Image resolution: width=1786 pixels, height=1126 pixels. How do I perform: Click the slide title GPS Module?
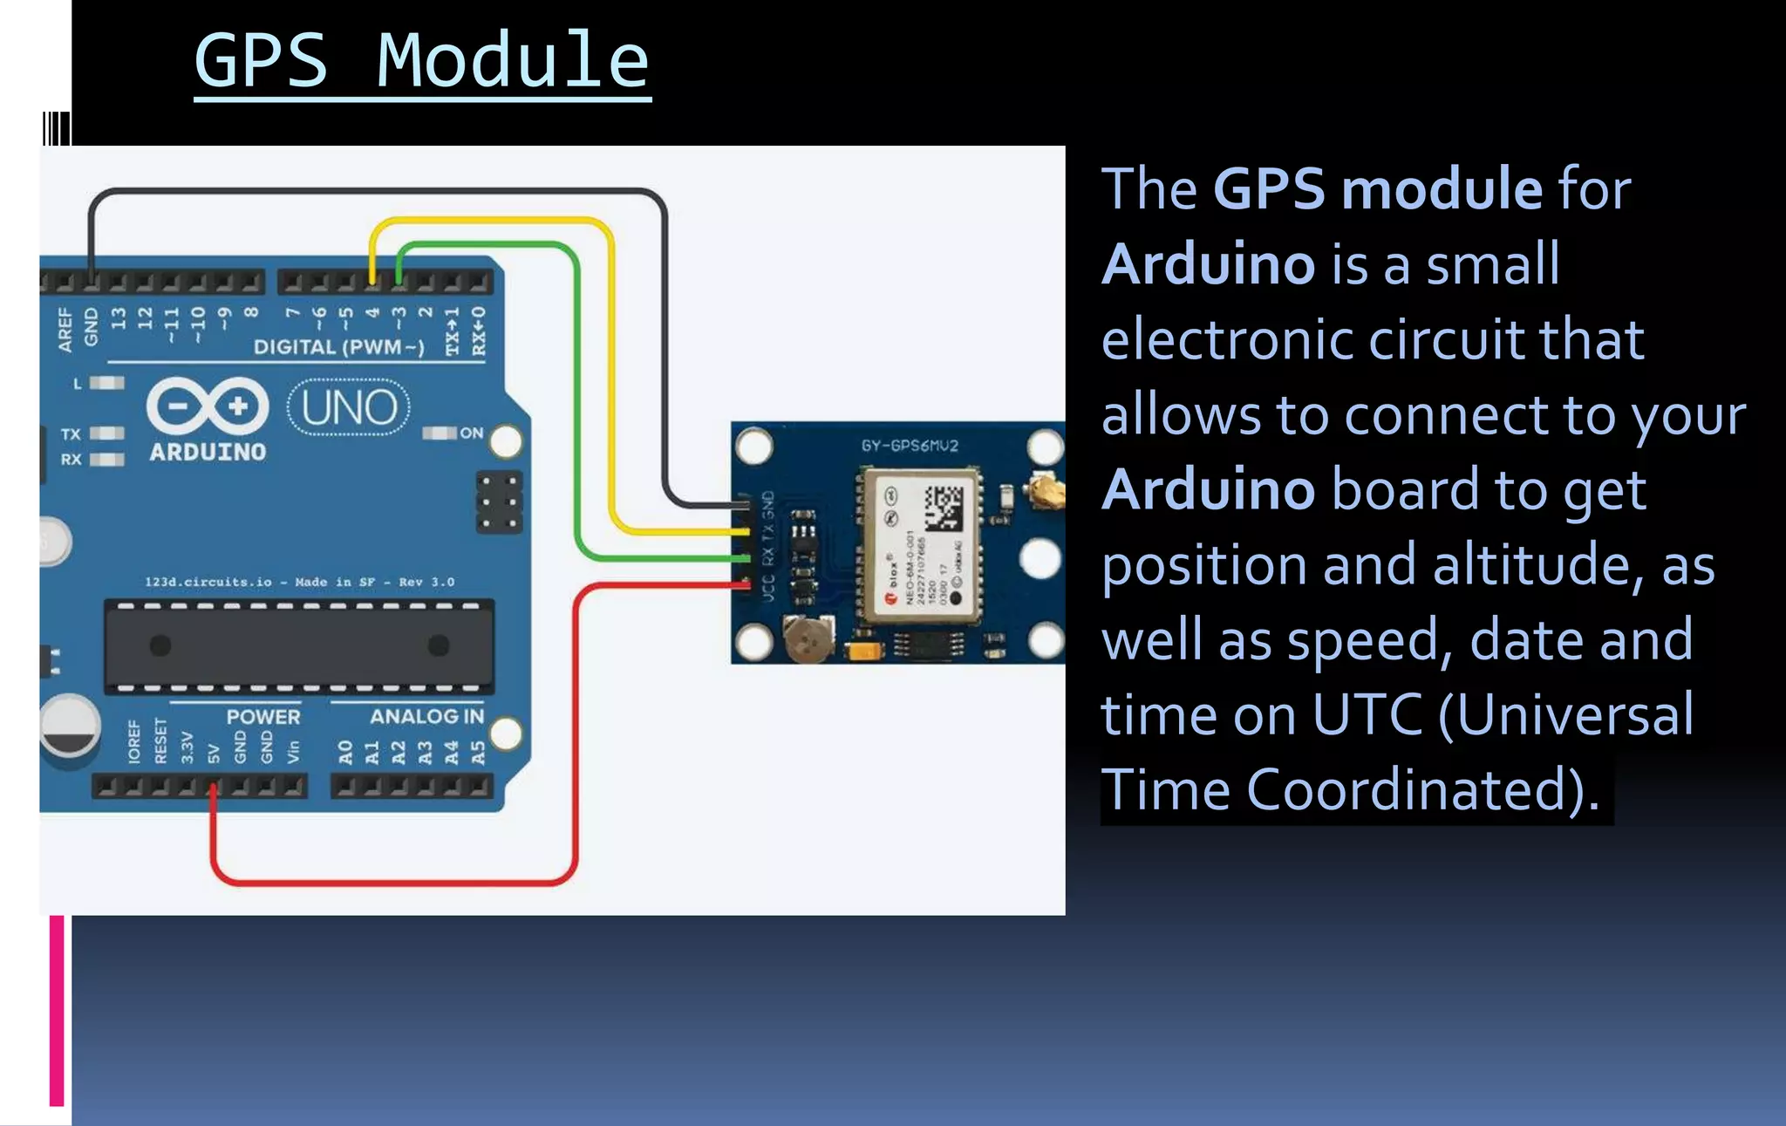[422, 61]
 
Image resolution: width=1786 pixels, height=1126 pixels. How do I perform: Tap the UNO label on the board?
[349, 407]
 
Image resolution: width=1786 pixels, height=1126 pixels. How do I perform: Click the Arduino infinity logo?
[208, 406]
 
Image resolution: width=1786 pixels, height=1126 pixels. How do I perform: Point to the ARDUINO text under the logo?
[208, 452]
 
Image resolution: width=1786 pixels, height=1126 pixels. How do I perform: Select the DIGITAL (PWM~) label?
[338, 347]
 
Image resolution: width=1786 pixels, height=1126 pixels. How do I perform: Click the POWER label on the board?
[262, 717]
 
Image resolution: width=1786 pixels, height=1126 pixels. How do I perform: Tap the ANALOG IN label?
[426, 716]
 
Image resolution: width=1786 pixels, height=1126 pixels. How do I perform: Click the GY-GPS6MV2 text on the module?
[910, 446]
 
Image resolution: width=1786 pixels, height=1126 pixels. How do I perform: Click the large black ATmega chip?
[299, 646]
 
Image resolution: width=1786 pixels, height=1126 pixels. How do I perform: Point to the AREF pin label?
[65, 329]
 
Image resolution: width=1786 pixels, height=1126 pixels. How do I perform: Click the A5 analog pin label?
[478, 752]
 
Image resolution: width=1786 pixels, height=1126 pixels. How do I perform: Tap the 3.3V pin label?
[187, 748]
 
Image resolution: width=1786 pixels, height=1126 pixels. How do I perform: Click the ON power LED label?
[471, 433]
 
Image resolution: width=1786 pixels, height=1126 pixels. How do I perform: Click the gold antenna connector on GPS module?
[1046, 493]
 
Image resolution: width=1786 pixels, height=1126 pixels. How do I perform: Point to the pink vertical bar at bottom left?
[57, 1010]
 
